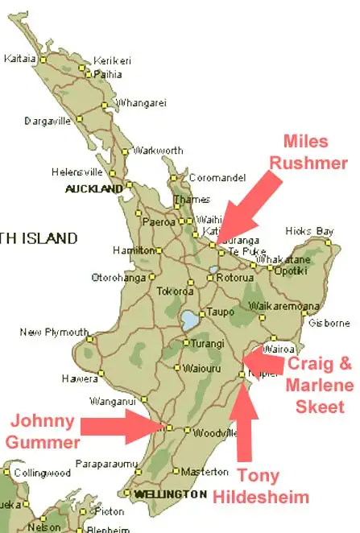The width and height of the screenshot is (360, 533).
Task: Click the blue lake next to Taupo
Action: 190,320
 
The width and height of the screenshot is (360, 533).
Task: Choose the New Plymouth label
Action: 54,332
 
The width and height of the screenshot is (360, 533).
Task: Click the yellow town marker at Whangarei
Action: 105,105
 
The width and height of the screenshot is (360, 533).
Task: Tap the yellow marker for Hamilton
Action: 159,250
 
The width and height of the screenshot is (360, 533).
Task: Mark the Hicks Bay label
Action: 313,231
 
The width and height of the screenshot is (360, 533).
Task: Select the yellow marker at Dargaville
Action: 79,119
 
